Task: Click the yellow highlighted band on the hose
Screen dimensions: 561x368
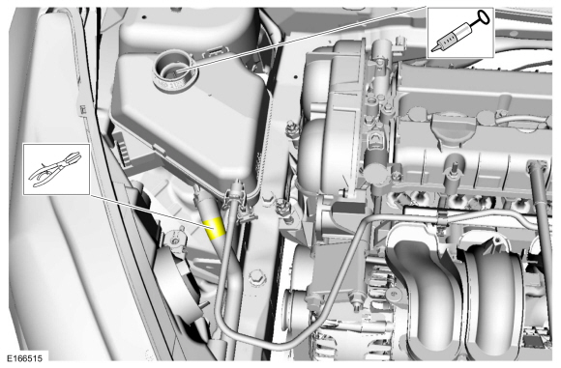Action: click(215, 228)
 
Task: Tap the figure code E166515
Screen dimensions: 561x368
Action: click(25, 358)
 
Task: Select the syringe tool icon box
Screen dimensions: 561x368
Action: click(460, 33)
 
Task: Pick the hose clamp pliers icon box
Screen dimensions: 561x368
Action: click(56, 169)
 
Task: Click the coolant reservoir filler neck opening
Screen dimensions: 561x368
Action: click(175, 71)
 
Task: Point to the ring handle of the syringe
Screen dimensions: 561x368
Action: click(483, 16)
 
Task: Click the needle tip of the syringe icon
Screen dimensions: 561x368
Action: click(433, 49)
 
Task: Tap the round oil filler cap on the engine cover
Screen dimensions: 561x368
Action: click(454, 125)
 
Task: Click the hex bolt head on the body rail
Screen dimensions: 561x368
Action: click(257, 277)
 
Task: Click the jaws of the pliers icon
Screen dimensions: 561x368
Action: click(71, 158)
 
